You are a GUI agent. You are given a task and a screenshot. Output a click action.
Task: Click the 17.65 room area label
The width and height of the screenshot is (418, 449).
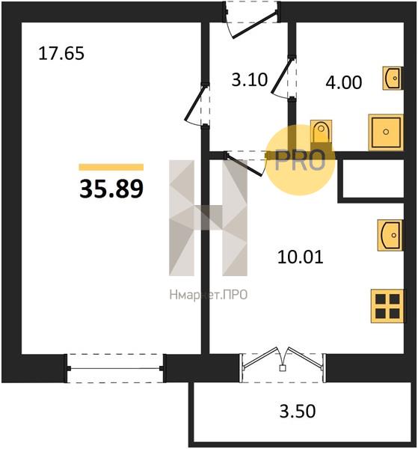click(x=61, y=54)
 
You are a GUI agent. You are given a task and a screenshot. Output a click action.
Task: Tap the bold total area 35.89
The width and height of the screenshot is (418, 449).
click(x=111, y=189)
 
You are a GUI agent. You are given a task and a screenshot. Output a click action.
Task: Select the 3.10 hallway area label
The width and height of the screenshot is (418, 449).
click(x=250, y=79)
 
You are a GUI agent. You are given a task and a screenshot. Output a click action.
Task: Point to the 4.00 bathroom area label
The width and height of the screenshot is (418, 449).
click(x=344, y=82)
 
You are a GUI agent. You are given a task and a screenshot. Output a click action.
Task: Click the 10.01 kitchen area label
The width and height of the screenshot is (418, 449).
click(x=300, y=257)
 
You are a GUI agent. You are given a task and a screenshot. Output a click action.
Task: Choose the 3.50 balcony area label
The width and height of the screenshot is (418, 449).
click(x=298, y=411)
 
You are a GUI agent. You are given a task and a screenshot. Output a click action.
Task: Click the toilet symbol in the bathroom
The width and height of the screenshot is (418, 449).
click(x=321, y=132)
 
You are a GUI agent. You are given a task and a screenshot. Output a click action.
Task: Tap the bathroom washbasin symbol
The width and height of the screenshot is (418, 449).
click(x=393, y=78)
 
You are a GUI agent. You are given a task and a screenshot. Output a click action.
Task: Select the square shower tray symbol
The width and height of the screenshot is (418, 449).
click(x=386, y=132)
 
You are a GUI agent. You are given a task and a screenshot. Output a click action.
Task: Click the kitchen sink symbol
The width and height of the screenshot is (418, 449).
click(x=390, y=235)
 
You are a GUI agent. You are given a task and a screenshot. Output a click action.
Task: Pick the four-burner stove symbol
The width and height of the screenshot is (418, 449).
click(x=387, y=306)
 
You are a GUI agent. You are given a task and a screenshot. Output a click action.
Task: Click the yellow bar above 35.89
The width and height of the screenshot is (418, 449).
click(x=111, y=167)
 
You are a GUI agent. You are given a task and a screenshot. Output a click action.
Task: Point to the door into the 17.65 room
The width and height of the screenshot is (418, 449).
click(x=195, y=104)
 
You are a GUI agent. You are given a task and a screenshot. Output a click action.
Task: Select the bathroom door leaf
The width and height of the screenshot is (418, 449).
click(x=282, y=76)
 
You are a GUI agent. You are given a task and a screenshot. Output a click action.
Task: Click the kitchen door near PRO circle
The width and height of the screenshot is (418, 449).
click(x=244, y=164)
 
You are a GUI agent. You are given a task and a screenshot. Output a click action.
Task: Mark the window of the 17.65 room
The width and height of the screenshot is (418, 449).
click(x=115, y=368)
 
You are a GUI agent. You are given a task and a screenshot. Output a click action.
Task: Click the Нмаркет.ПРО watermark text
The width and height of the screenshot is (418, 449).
click(x=209, y=295)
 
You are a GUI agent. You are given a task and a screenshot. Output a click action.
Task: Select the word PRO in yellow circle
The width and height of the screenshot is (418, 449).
click(x=300, y=160)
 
